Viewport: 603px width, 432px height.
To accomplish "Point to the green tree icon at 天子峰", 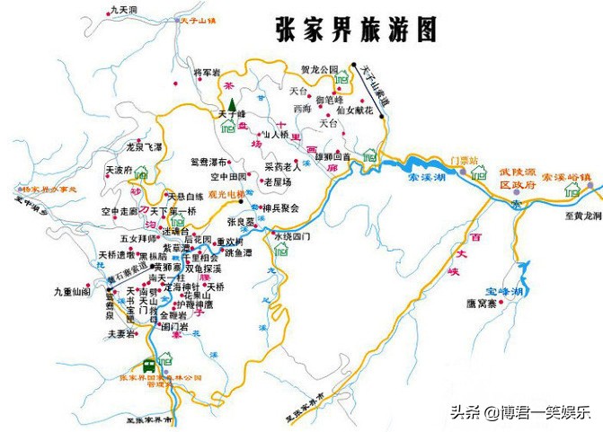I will point(230,102).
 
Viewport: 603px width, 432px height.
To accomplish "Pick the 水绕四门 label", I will point(292,236).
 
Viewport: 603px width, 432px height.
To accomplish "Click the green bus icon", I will point(149,365).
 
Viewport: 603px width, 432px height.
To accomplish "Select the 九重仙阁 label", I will point(72,292).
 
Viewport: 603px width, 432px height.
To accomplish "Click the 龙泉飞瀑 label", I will point(144,145).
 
